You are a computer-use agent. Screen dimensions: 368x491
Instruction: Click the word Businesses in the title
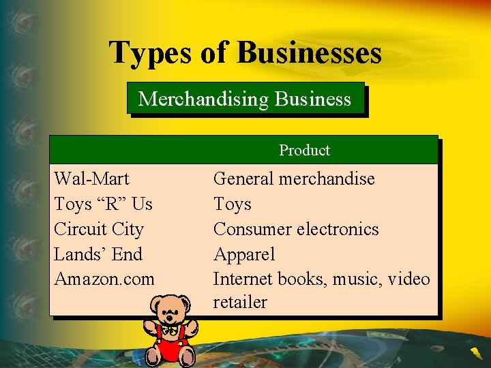[309, 52]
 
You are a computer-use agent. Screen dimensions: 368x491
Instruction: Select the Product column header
[304, 150]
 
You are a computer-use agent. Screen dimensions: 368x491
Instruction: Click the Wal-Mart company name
[91, 179]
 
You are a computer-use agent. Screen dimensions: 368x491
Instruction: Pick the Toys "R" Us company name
[103, 204]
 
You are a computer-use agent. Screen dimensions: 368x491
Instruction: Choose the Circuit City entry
[99, 229]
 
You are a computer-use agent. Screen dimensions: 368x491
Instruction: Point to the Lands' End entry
[98, 254]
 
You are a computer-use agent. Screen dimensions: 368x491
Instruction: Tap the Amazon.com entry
[104, 279]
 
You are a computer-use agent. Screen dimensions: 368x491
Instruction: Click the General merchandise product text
[294, 179]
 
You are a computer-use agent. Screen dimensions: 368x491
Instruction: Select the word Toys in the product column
[233, 204]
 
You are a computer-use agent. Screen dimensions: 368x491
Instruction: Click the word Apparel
[244, 254]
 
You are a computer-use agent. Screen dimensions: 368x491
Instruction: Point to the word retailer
[240, 303]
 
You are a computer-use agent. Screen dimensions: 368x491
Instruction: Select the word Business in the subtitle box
[314, 99]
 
